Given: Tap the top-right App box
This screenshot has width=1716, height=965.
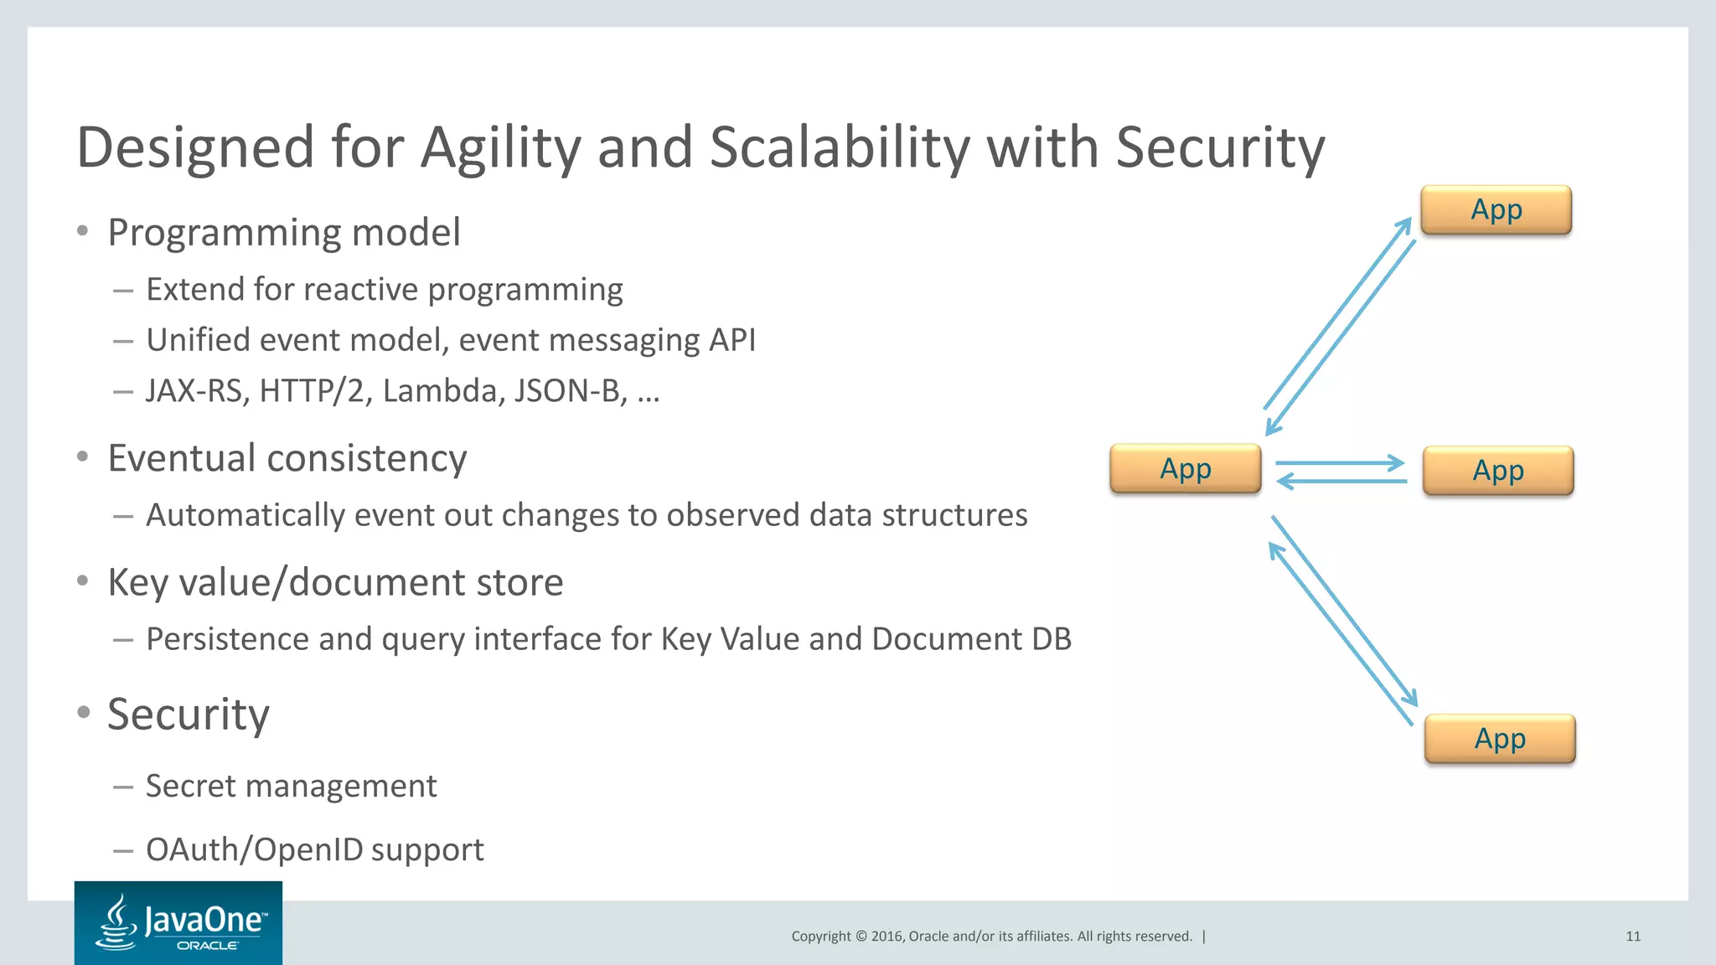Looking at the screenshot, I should [x=1496, y=209].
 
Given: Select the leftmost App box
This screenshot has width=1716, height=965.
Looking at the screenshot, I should [x=1185, y=469].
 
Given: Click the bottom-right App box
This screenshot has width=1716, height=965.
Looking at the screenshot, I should [x=1500, y=739].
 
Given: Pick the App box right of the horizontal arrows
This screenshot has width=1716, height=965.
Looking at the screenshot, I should [x=1498, y=471].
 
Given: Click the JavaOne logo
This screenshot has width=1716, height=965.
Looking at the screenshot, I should [x=178, y=922].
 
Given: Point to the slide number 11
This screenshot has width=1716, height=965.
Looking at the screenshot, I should [x=1633, y=937].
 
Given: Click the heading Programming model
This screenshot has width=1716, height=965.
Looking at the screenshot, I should [x=284, y=232].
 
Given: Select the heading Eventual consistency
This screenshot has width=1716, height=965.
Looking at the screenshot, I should [x=287, y=458].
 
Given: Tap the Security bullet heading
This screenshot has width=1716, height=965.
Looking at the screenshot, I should [x=189, y=715].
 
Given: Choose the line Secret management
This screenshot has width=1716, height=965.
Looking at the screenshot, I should [x=291, y=786].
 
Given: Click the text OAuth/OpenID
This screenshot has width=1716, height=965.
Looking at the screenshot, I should [x=255, y=849].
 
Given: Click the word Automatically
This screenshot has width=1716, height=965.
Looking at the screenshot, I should [x=245, y=515].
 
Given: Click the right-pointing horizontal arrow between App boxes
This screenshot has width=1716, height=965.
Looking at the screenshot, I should [x=1339, y=462].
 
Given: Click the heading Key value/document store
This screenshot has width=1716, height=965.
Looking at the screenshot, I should [x=335, y=582].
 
